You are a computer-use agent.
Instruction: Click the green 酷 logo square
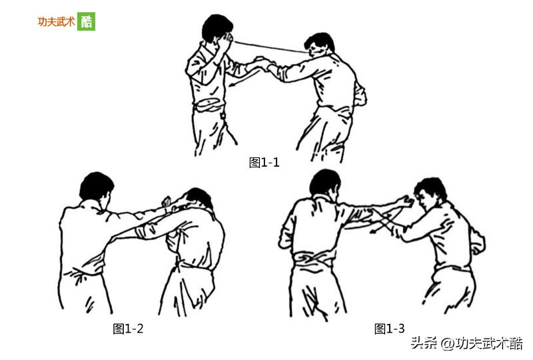[87, 21]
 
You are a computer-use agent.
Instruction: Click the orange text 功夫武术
[56, 21]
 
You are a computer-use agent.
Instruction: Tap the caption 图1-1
[265, 163]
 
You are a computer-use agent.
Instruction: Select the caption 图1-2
[128, 328]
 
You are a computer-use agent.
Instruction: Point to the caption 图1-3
[390, 329]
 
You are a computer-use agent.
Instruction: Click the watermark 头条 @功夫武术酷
[466, 343]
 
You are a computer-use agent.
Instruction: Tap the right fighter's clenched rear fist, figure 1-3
[477, 244]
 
